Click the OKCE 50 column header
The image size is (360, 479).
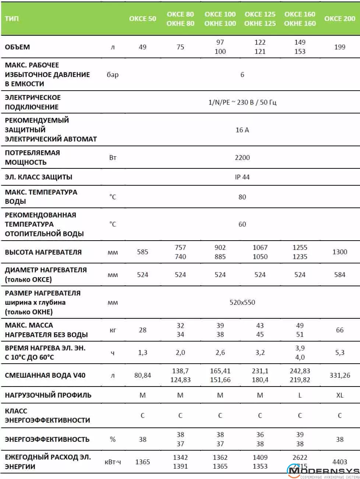click(x=142, y=18)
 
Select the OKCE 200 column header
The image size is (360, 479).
click(x=339, y=18)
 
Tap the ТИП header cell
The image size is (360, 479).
click(x=12, y=18)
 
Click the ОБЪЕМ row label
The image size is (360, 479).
click(x=17, y=47)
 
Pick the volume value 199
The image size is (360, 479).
click(x=339, y=47)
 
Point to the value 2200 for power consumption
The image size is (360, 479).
click(x=242, y=157)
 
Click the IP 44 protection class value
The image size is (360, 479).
click(x=242, y=177)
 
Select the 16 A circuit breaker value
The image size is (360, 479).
click(x=242, y=130)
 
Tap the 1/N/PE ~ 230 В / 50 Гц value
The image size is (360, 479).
click(x=242, y=102)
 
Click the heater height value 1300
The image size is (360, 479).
click(x=339, y=252)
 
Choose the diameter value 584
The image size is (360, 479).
click(x=339, y=275)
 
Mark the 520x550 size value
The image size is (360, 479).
click(x=242, y=302)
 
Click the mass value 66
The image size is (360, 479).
click(x=339, y=330)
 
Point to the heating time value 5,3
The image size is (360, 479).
click(x=339, y=353)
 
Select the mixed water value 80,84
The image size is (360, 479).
click(x=142, y=375)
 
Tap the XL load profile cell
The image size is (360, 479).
click(x=339, y=395)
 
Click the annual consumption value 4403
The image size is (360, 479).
click(x=339, y=461)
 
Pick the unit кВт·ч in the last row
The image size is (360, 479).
click(x=113, y=462)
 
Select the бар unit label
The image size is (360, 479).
click(x=113, y=74)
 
